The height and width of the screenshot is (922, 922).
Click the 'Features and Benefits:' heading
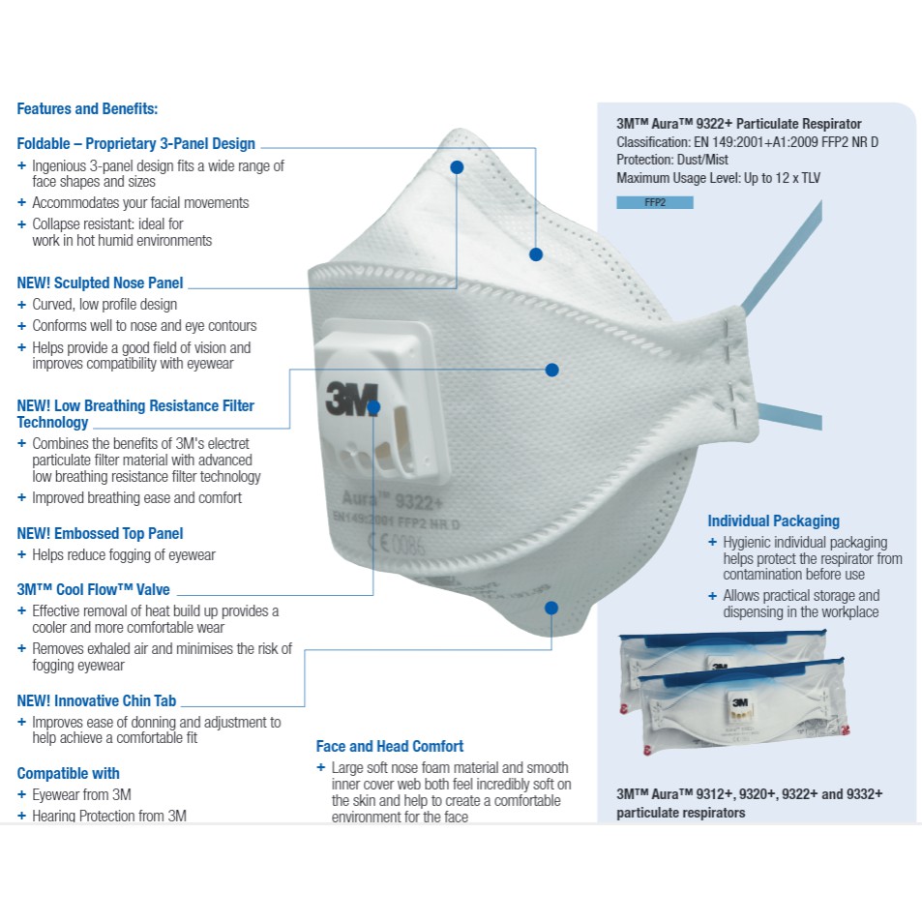[x=87, y=109]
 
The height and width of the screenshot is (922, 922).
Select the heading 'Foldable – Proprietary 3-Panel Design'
[x=136, y=144]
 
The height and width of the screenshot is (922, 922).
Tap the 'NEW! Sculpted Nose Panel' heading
[x=100, y=283]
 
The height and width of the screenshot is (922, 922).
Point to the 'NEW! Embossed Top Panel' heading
[x=100, y=534]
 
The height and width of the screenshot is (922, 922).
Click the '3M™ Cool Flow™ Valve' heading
[x=93, y=590]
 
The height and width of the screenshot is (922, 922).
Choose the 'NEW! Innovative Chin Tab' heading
[x=97, y=700]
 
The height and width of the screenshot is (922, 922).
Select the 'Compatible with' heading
[x=69, y=774]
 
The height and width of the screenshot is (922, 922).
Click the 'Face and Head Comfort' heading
[x=390, y=747]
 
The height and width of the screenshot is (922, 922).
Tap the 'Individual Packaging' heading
[x=773, y=521]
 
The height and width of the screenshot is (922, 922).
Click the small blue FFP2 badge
[x=654, y=203]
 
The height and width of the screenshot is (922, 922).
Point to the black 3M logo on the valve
[x=344, y=398]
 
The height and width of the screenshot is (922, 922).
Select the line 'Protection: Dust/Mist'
[x=672, y=160]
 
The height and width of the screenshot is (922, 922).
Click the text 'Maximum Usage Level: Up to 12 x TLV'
[x=719, y=178]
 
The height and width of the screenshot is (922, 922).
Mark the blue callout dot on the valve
[x=374, y=408]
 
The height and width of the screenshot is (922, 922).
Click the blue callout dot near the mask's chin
[x=551, y=608]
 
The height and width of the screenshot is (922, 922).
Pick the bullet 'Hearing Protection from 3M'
[x=108, y=817]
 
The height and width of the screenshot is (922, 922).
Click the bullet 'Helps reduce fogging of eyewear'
[x=123, y=555]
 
